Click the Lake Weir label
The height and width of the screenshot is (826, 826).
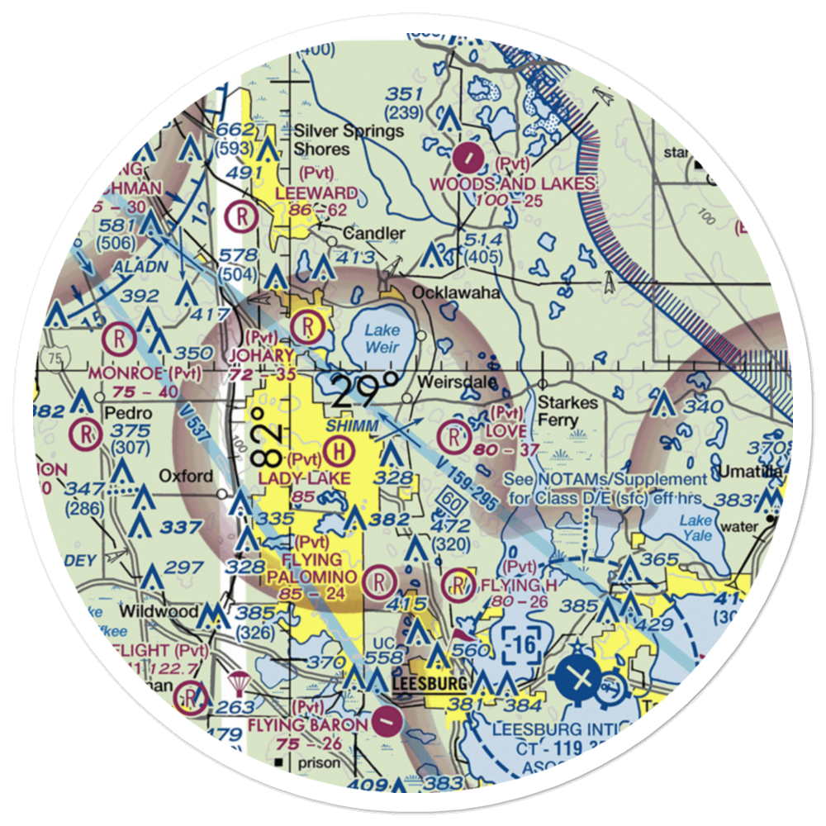[x=382, y=336]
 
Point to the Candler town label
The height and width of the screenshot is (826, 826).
[x=374, y=234]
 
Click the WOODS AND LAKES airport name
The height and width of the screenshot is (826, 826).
[x=515, y=183]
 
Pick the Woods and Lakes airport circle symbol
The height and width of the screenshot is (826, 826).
[x=468, y=153]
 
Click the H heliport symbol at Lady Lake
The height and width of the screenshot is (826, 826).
[x=337, y=450]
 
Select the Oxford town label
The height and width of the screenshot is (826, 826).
[x=186, y=476]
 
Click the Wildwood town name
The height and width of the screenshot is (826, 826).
[x=159, y=612]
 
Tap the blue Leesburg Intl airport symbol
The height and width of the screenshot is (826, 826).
[x=583, y=678]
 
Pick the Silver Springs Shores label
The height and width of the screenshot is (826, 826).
[x=349, y=140]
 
